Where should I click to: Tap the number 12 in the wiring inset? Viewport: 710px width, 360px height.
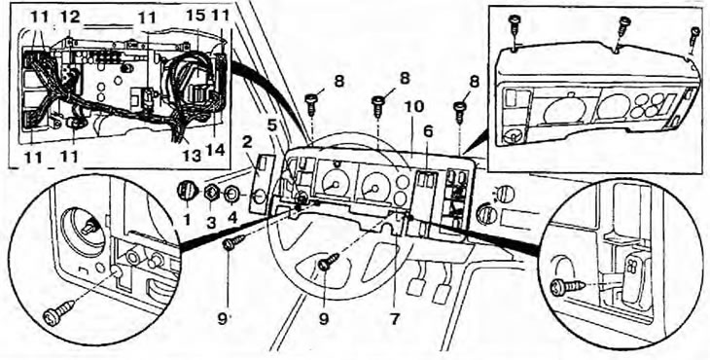[68, 18]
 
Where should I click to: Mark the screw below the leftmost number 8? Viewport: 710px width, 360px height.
[312, 100]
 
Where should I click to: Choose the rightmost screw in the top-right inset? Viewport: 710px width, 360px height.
[693, 34]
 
